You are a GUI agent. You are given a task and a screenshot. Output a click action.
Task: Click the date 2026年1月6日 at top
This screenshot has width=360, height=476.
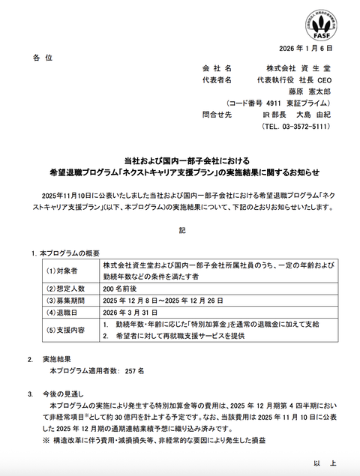[304, 47]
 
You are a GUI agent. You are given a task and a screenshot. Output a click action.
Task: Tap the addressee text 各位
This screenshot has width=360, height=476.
[44, 57]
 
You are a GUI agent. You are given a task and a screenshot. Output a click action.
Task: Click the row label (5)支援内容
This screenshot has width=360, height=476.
[66, 331]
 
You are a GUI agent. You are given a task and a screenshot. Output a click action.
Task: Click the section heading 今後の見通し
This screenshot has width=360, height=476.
[68, 394]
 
